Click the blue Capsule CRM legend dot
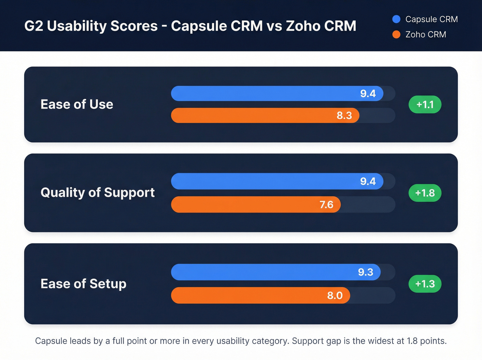396,19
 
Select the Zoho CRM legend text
426,34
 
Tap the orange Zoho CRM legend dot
396,34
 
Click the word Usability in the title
102,26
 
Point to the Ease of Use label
77,104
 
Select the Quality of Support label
97,193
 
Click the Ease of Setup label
83,284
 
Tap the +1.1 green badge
425,104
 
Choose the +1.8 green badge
425,193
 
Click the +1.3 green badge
425,284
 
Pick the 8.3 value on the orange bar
344,115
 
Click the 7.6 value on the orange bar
326,205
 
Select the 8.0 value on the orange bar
335,296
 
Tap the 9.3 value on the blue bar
365,272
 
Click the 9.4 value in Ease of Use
368,94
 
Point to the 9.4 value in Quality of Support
368,182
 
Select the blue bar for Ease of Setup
262,272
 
